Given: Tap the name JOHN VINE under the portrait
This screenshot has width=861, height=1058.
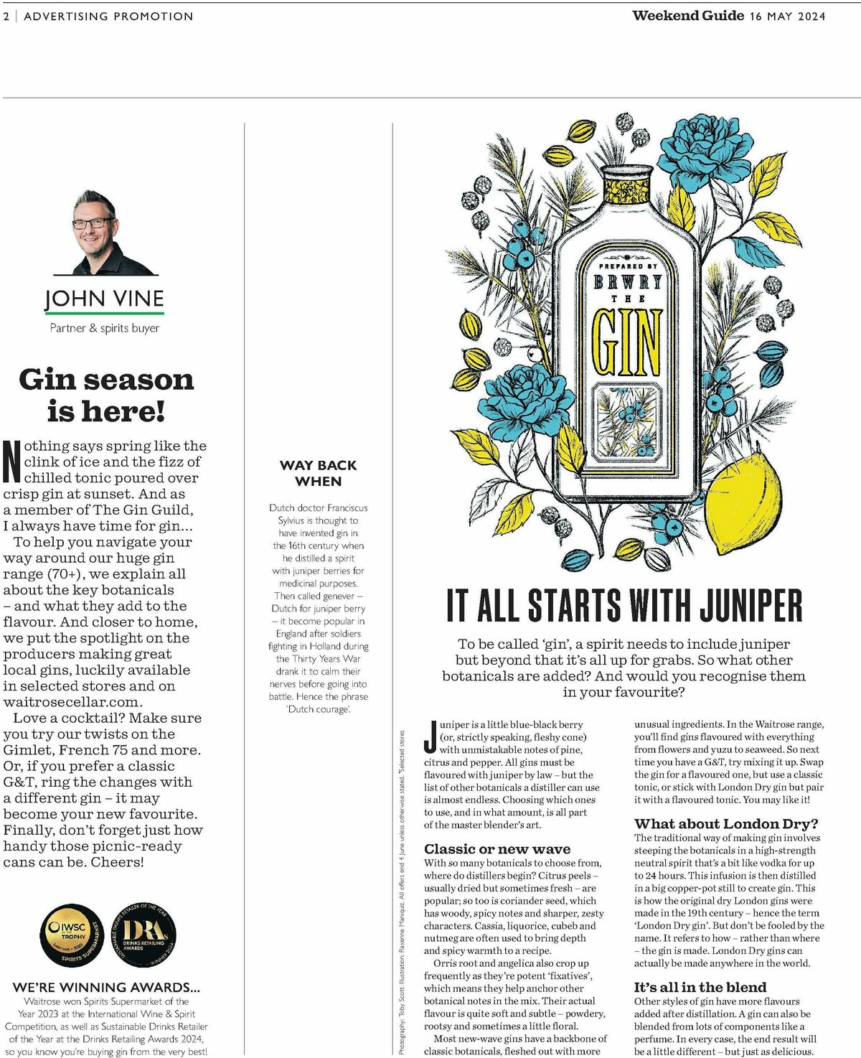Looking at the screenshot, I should point(104,299).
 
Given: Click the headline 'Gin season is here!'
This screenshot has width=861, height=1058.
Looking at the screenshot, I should point(106,395).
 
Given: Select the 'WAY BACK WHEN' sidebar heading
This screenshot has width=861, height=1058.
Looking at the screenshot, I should point(318,473).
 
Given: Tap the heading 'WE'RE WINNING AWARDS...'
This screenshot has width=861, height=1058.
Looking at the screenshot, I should point(106,987).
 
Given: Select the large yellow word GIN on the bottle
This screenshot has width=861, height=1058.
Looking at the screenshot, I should point(626,342).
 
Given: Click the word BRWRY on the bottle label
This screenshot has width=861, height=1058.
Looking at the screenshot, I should point(627,282).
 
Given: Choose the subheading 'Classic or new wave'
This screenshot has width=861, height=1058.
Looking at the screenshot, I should point(497,848).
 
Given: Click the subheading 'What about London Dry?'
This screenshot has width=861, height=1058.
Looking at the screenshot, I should point(726,823).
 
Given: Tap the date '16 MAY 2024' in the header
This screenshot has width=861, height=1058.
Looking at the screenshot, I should point(787,16).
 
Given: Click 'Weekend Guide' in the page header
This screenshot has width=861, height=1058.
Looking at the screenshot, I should point(687,16).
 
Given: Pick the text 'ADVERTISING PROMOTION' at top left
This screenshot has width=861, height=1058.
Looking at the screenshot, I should point(108,16).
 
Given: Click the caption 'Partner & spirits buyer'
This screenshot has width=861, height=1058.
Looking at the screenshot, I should point(105,328).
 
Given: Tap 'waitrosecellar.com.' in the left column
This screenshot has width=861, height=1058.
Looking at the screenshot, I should point(72,702).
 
